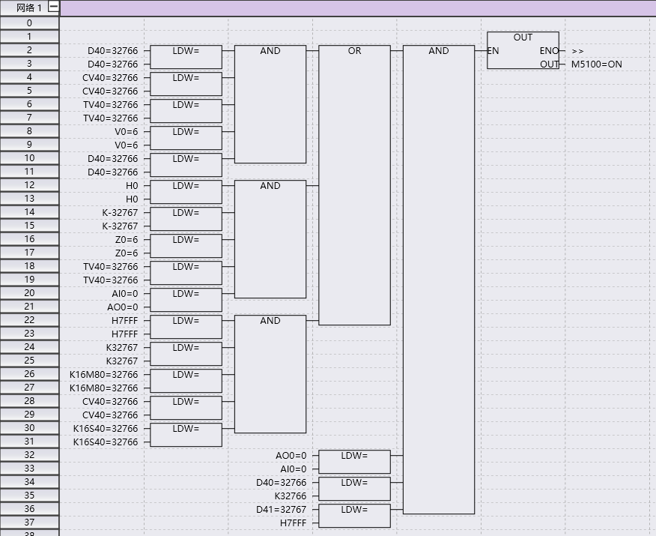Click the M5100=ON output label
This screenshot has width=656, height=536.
click(596, 64)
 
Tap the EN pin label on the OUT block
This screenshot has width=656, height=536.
click(493, 51)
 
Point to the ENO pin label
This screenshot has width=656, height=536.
click(548, 51)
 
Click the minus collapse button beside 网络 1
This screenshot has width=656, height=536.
click(52, 7)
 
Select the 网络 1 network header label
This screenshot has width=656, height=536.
click(28, 8)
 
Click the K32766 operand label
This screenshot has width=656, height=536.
click(290, 496)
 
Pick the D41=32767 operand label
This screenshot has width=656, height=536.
click(281, 510)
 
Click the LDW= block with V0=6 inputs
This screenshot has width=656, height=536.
click(186, 138)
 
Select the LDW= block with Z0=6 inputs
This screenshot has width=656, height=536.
click(186, 246)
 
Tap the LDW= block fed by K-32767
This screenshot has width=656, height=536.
click(186, 219)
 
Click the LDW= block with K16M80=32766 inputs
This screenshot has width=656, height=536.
click(186, 381)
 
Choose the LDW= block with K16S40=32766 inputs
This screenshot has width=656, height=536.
click(186, 435)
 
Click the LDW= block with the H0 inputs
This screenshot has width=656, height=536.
click(186, 192)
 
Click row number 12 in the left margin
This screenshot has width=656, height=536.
click(29, 185)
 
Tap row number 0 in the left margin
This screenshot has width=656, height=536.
click(29, 23)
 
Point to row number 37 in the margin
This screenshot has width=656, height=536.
click(29, 523)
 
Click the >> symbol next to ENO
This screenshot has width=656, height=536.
click(577, 51)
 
